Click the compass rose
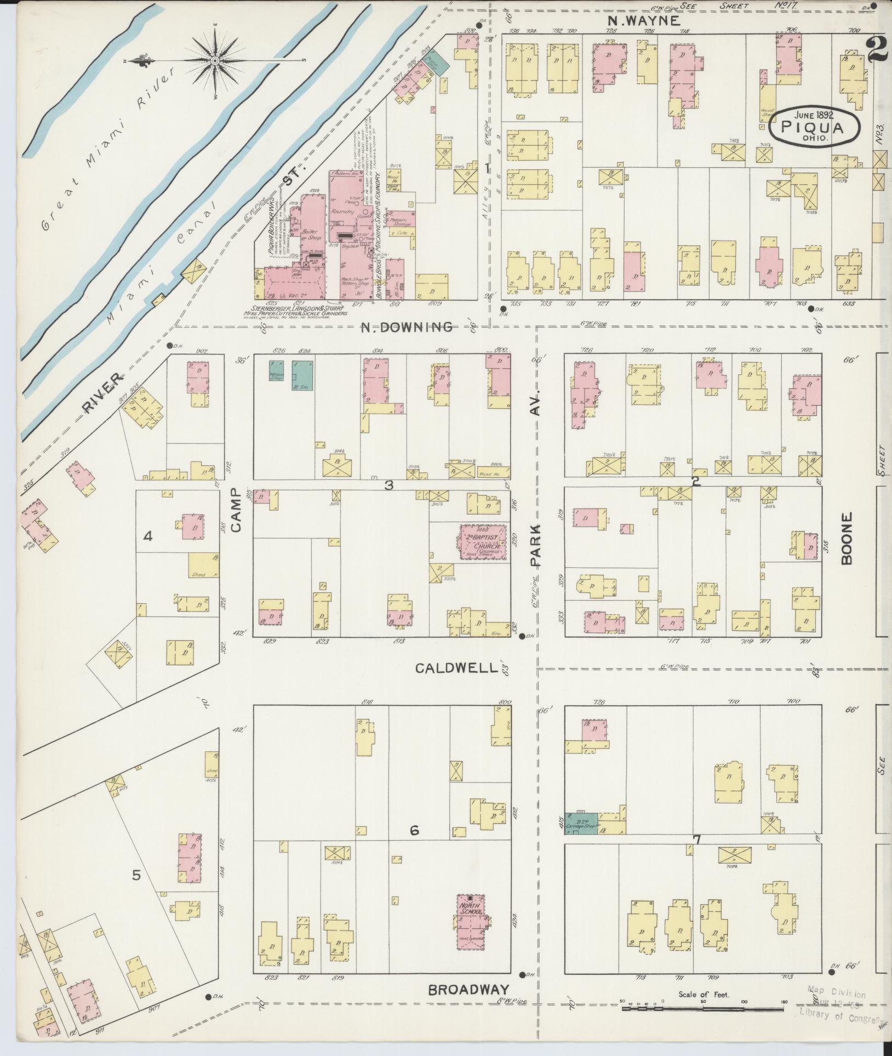[x=215, y=60]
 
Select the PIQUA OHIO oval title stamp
[x=812, y=127]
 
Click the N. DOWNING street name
[x=407, y=327]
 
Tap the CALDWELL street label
[x=456, y=668]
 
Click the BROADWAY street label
[x=468, y=990]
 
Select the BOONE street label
[x=848, y=538]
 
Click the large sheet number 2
[x=877, y=51]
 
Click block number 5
[x=136, y=875]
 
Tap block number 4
[x=147, y=536]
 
